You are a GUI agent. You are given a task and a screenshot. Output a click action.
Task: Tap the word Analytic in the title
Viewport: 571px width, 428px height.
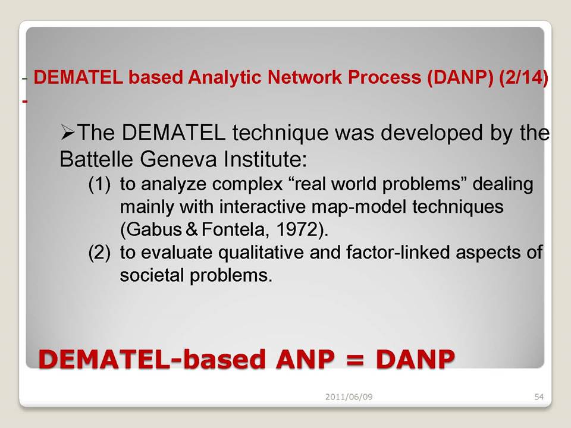[x=225, y=78]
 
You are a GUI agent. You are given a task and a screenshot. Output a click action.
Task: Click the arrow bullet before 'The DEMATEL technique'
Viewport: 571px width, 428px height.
[x=67, y=133]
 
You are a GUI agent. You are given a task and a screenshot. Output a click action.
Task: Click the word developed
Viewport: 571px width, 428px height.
[x=429, y=133]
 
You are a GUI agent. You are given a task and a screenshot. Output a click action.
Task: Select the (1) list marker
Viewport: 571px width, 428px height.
[x=99, y=184]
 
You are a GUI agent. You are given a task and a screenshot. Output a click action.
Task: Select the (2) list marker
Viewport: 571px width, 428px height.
[x=99, y=253]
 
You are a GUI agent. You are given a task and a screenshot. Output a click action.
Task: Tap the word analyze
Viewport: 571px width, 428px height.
[x=175, y=184]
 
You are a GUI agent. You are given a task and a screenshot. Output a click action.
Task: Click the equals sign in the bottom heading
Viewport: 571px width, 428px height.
[x=356, y=359]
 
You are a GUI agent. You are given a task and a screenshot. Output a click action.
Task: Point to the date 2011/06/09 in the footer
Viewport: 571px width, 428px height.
[x=349, y=396]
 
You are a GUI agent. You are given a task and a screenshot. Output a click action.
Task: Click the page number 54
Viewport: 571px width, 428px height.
[x=539, y=396]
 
